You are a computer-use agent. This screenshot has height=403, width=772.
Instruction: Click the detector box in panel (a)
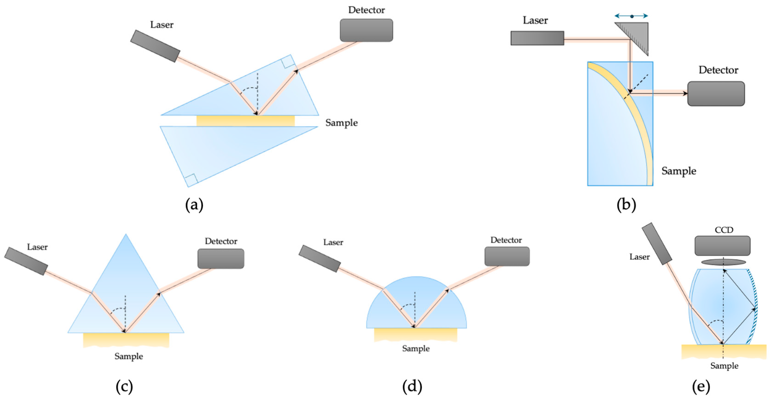pyautogui.click(x=366, y=30)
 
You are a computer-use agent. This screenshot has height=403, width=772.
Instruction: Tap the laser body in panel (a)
pyautogui.click(x=155, y=46)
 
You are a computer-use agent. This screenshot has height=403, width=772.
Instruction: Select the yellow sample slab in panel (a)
pyautogui.click(x=245, y=121)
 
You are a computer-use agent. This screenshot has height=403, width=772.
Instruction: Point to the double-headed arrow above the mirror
pyautogui.click(x=631, y=16)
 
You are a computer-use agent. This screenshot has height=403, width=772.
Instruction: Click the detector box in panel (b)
pyautogui.click(x=716, y=94)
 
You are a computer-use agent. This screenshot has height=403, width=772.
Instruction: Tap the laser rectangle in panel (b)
pyautogui.click(x=537, y=38)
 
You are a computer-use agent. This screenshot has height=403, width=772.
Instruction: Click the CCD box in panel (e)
pyautogui.click(x=722, y=246)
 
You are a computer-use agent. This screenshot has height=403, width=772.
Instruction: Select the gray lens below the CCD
pyautogui.click(x=723, y=262)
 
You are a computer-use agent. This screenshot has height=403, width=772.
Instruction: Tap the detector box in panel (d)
pyautogui.click(x=507, y=256)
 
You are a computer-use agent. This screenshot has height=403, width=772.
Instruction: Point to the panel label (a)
pyautogui.click(x=194, y=205)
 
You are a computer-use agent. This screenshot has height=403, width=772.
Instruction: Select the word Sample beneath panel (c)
pyautogui.click(x=129, y=356)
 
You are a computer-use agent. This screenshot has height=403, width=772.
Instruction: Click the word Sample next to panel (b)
pyautogui.click(x=679, y=171)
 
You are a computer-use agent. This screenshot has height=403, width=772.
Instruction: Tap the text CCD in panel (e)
pyautogui.click(x=724, y=230)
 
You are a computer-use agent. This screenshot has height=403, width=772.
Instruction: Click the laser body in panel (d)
pyautogui.click(x=320, y=258)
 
